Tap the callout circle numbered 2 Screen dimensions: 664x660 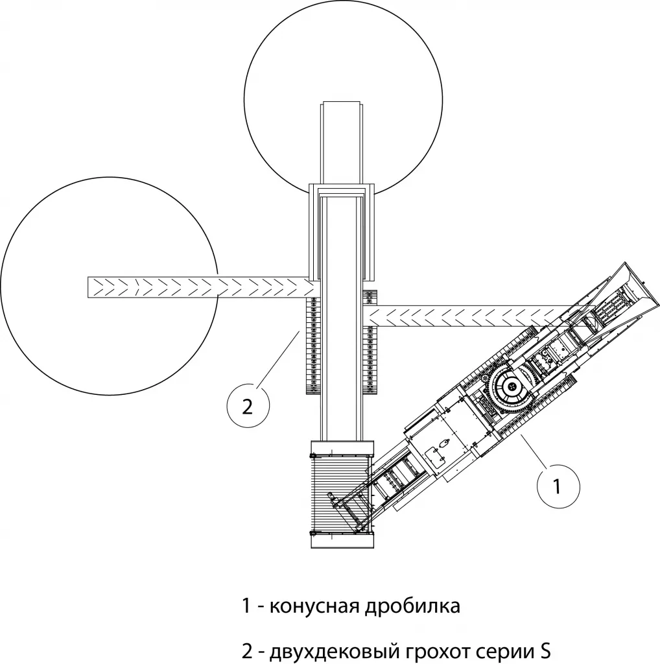click(247, 407)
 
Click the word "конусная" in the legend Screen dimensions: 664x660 click(311, 607)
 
